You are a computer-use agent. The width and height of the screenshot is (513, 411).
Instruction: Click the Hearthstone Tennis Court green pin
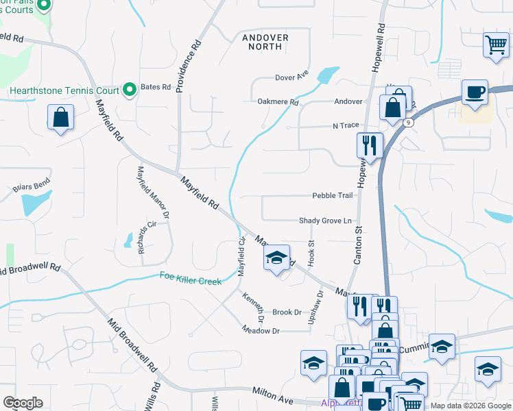[x=128, y=90]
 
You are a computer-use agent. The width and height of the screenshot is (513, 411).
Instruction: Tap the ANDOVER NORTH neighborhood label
[x=264, y=42]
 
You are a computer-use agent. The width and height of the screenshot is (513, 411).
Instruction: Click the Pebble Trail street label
[x=333, y=195]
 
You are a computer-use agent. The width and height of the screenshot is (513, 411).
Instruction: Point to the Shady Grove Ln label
[x=325, y=221]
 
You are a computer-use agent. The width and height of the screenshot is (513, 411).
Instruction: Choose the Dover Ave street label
[x=291, y=77]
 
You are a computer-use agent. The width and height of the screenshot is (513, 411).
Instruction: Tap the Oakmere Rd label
[x=278, y=102]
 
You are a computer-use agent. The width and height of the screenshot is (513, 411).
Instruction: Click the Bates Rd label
[x=155, y=87]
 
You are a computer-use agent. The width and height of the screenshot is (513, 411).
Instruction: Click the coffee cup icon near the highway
[x=474, y=92]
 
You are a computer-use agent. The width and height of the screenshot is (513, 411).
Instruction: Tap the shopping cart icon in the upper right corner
[x=495, y=45]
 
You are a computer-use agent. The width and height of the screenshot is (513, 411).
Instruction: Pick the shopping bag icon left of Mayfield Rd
[x=61, y=117]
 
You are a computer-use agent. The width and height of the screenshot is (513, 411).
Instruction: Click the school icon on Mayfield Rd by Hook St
[x=276, y=258]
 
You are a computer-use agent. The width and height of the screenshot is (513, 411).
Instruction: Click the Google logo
[x=23, y=403]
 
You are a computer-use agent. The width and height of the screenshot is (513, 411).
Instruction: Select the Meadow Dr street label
[x=261, y=330]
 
